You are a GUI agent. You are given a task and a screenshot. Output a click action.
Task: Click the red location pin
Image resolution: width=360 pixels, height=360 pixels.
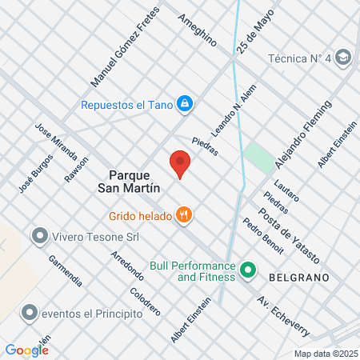(x=180, y=164)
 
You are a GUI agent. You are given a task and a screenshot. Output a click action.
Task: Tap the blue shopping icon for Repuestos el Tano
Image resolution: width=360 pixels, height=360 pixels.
(x=185, y=103)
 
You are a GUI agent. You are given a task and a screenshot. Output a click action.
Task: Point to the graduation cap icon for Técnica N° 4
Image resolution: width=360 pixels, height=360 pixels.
(x=343, y=58)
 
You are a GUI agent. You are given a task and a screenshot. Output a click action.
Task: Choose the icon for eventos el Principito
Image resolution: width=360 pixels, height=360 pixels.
(x=30, y=313)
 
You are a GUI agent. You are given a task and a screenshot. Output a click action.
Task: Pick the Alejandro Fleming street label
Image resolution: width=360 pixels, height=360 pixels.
(x=302, y=134)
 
